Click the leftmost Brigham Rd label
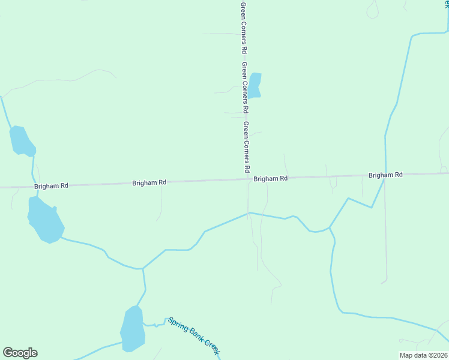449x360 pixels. point(52,186)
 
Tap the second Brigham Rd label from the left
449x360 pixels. point(149,182)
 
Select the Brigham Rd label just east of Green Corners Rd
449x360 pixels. point(270,179)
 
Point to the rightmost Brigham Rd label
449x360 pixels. point(385,175)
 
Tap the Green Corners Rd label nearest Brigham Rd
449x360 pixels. point(246,147)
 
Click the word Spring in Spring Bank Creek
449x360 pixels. point(178,324)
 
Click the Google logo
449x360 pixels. point(20,353)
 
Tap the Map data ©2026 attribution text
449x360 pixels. point(424,355)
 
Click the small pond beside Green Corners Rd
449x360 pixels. point(255,85)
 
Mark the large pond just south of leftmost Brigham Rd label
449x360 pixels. point(45,221)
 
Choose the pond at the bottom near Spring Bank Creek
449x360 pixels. point(133,329)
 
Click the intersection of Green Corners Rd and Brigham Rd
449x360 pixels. point(247,178)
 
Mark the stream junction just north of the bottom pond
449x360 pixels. point(143,269)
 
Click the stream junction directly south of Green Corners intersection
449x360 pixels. point(249,212)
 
